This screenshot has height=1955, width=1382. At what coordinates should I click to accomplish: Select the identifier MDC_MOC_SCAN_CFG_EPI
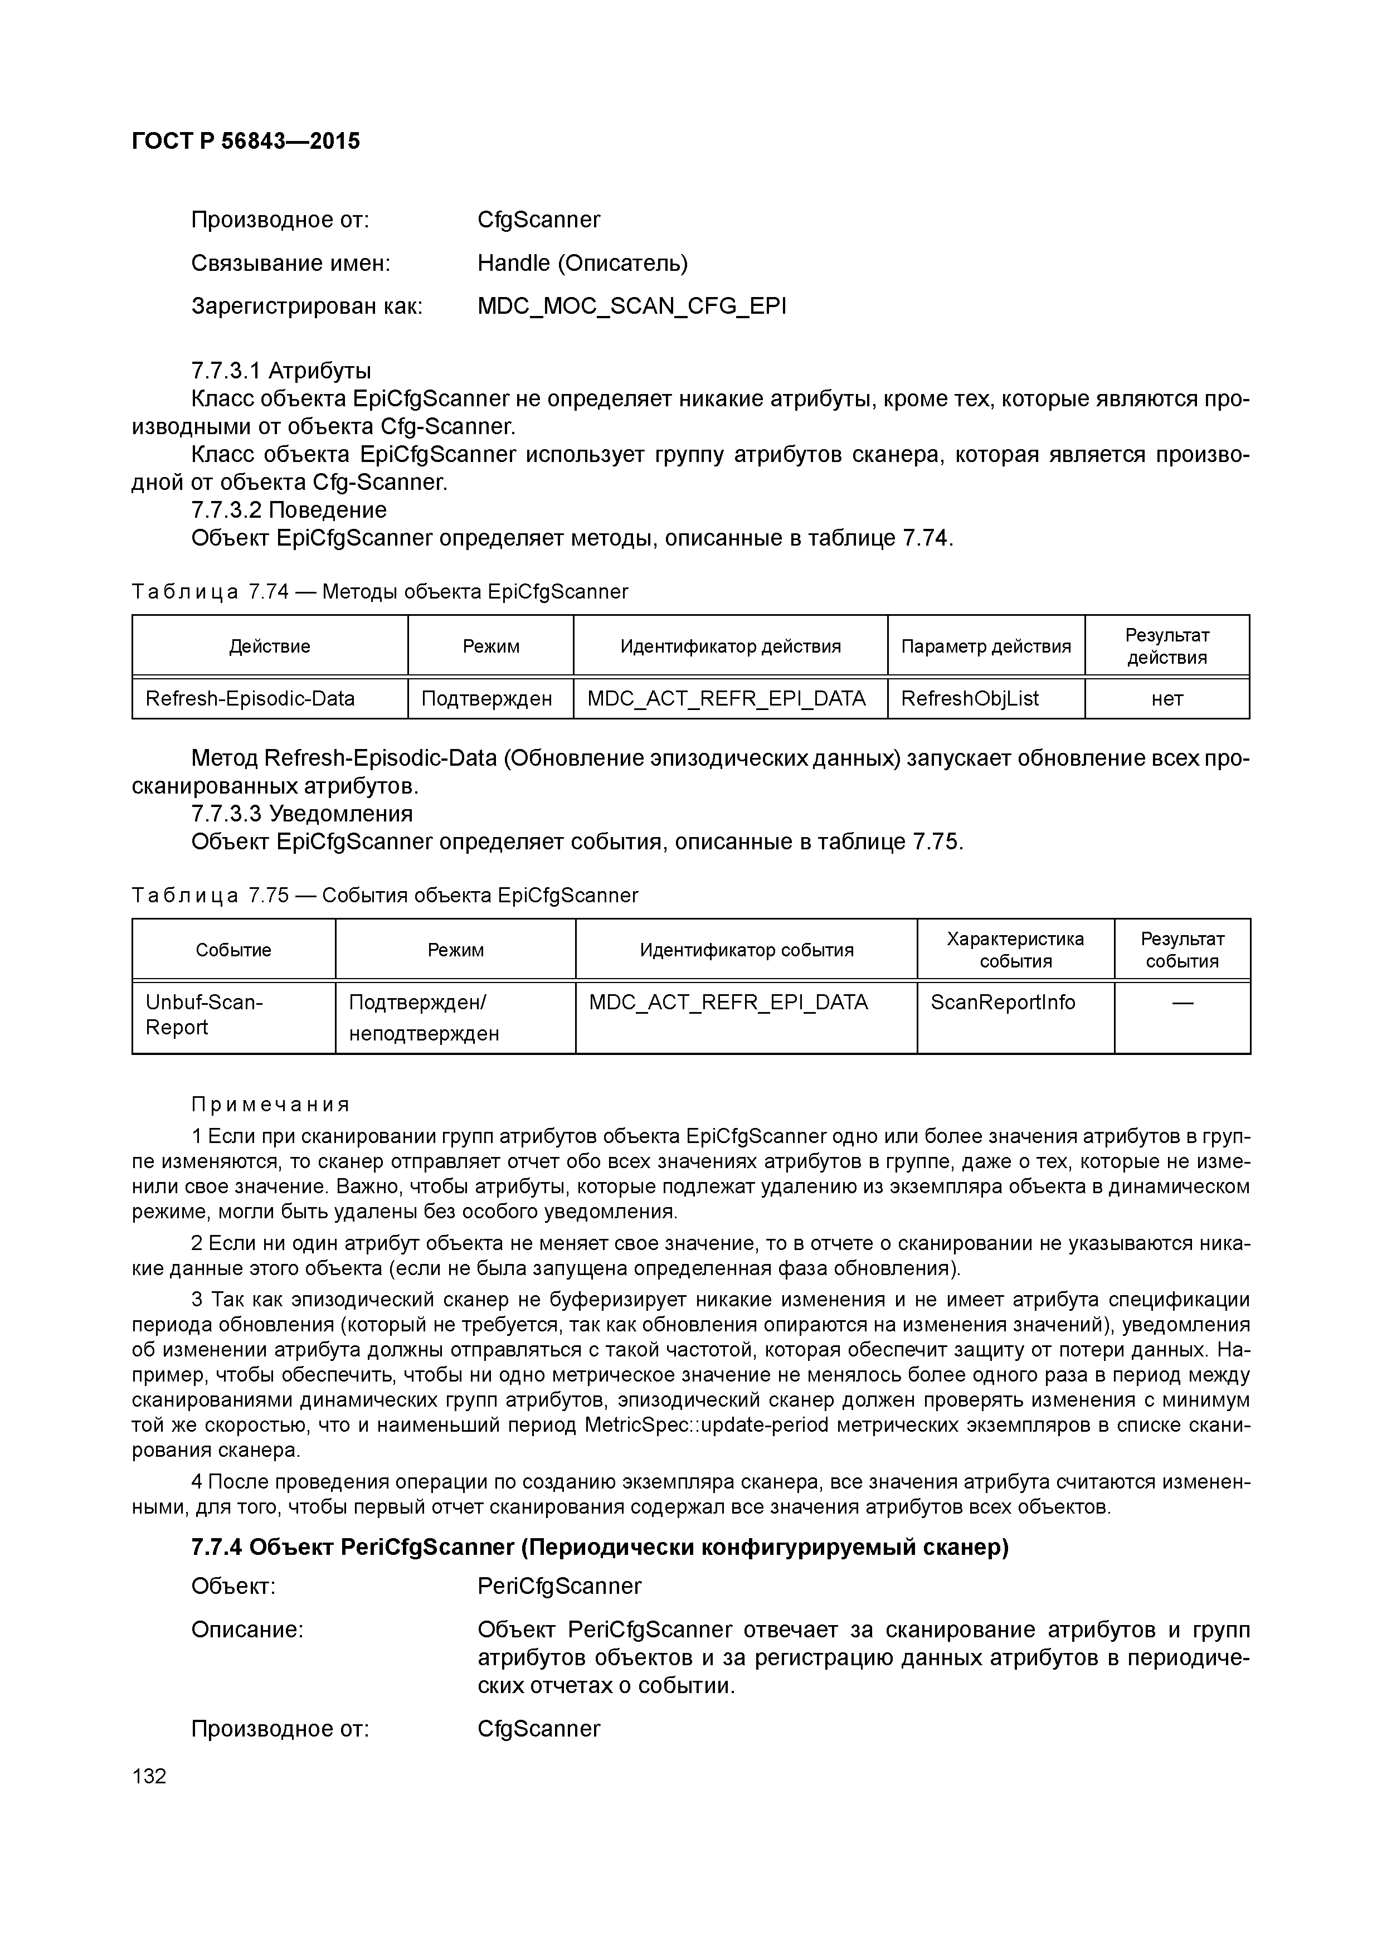(x=632, y=306)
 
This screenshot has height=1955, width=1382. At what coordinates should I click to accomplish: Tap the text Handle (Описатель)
(x=582, y=263)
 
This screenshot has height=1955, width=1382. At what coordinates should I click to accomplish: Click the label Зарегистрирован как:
(x=306, y=306)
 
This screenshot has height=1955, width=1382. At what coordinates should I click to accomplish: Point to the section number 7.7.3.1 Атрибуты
(x=281, y=371)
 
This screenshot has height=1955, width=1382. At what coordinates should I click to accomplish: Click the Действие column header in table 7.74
(x=269, y=646)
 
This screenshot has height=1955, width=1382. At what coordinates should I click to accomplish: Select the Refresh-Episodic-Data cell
(x=250, y=699)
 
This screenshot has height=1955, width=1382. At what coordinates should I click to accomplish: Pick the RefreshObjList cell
(x=970, y=699)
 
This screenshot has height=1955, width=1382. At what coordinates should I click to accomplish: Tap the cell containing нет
(x=1166, y=699)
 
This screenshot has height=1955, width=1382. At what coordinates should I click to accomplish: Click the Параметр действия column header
(x=985, y=646)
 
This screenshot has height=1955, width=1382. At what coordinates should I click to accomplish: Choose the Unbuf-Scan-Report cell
(x=205, y=1015)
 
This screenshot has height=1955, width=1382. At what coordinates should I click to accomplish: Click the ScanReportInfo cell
(x=1002, y=1002)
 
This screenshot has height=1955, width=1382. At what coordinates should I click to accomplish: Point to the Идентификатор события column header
(x=746, y=950)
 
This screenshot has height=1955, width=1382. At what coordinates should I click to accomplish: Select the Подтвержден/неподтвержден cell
(x=424, y=1018)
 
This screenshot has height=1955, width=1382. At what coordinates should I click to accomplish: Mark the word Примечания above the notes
(x=270, y=1105)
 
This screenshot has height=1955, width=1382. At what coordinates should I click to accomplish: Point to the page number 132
(x=150, y=1776)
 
